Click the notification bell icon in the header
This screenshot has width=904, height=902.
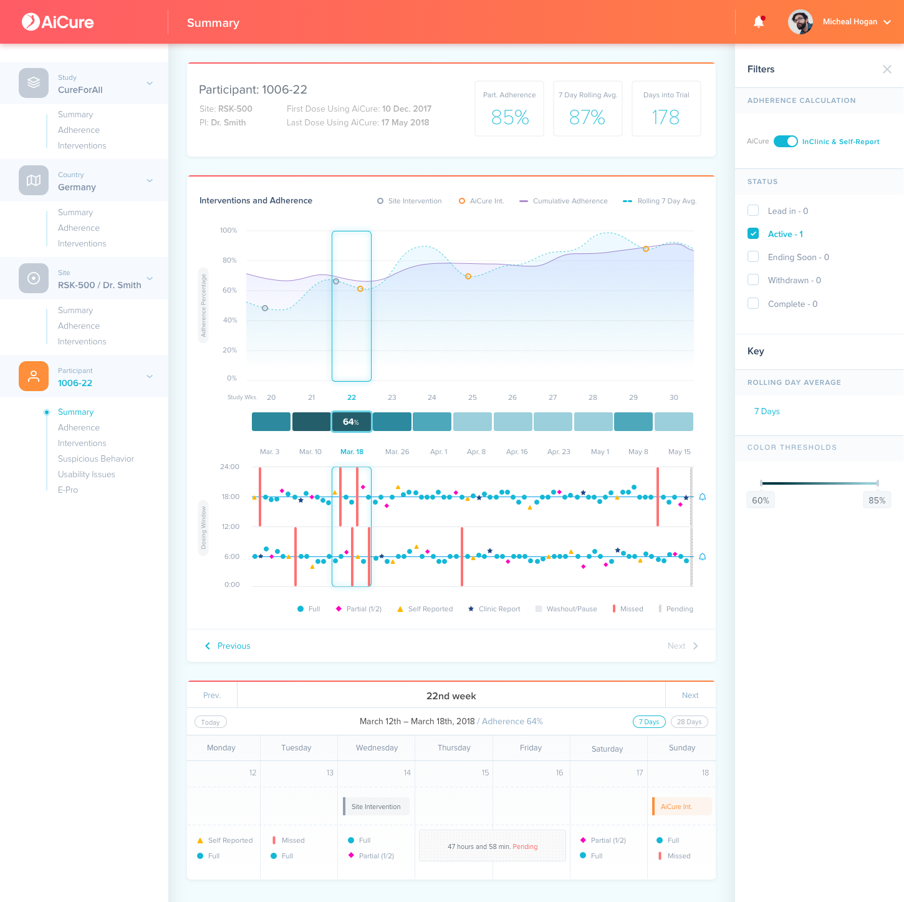(759, 22)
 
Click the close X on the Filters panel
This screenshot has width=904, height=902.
(887, 69)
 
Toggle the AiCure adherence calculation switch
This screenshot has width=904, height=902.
(786, 142)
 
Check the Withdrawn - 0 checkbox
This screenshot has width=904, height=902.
(753, 280)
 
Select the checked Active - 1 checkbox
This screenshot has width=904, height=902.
(753, 233)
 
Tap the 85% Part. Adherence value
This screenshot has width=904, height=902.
(509, 117)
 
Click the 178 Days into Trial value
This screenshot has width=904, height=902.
(666, 117)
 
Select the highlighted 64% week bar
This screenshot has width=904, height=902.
(352, 421)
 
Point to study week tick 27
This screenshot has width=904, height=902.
(552, 397)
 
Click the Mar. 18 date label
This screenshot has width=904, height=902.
(352, 452)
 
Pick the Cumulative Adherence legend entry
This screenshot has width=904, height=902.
(564, 201)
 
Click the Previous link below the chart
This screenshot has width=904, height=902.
(228, 646)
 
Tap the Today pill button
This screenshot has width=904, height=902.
(210, 722)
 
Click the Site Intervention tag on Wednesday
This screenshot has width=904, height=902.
(376, 806)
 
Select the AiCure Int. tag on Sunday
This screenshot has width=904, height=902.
(681, 806)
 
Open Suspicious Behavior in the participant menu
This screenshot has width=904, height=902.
(96, 458)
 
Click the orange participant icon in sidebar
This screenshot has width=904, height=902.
(33, 376)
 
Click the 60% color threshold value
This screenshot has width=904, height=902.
(761, 500)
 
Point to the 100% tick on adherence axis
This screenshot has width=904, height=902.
(228, 230)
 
